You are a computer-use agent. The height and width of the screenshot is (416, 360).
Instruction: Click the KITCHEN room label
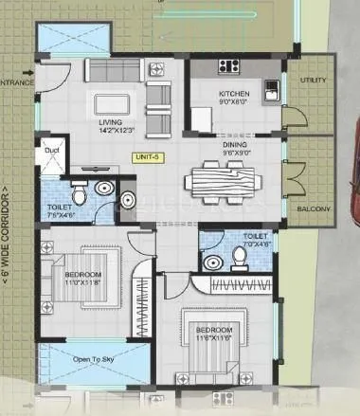tap(233, 94)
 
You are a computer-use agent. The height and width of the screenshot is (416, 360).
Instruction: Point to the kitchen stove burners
tap(228, 66)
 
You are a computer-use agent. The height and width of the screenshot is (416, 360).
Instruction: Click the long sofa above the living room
tap(122, 70)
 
